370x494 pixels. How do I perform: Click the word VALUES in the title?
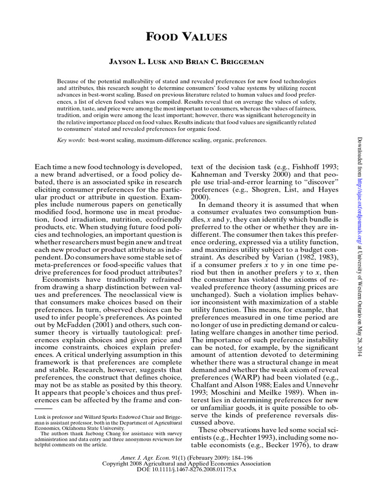[201, 37]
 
